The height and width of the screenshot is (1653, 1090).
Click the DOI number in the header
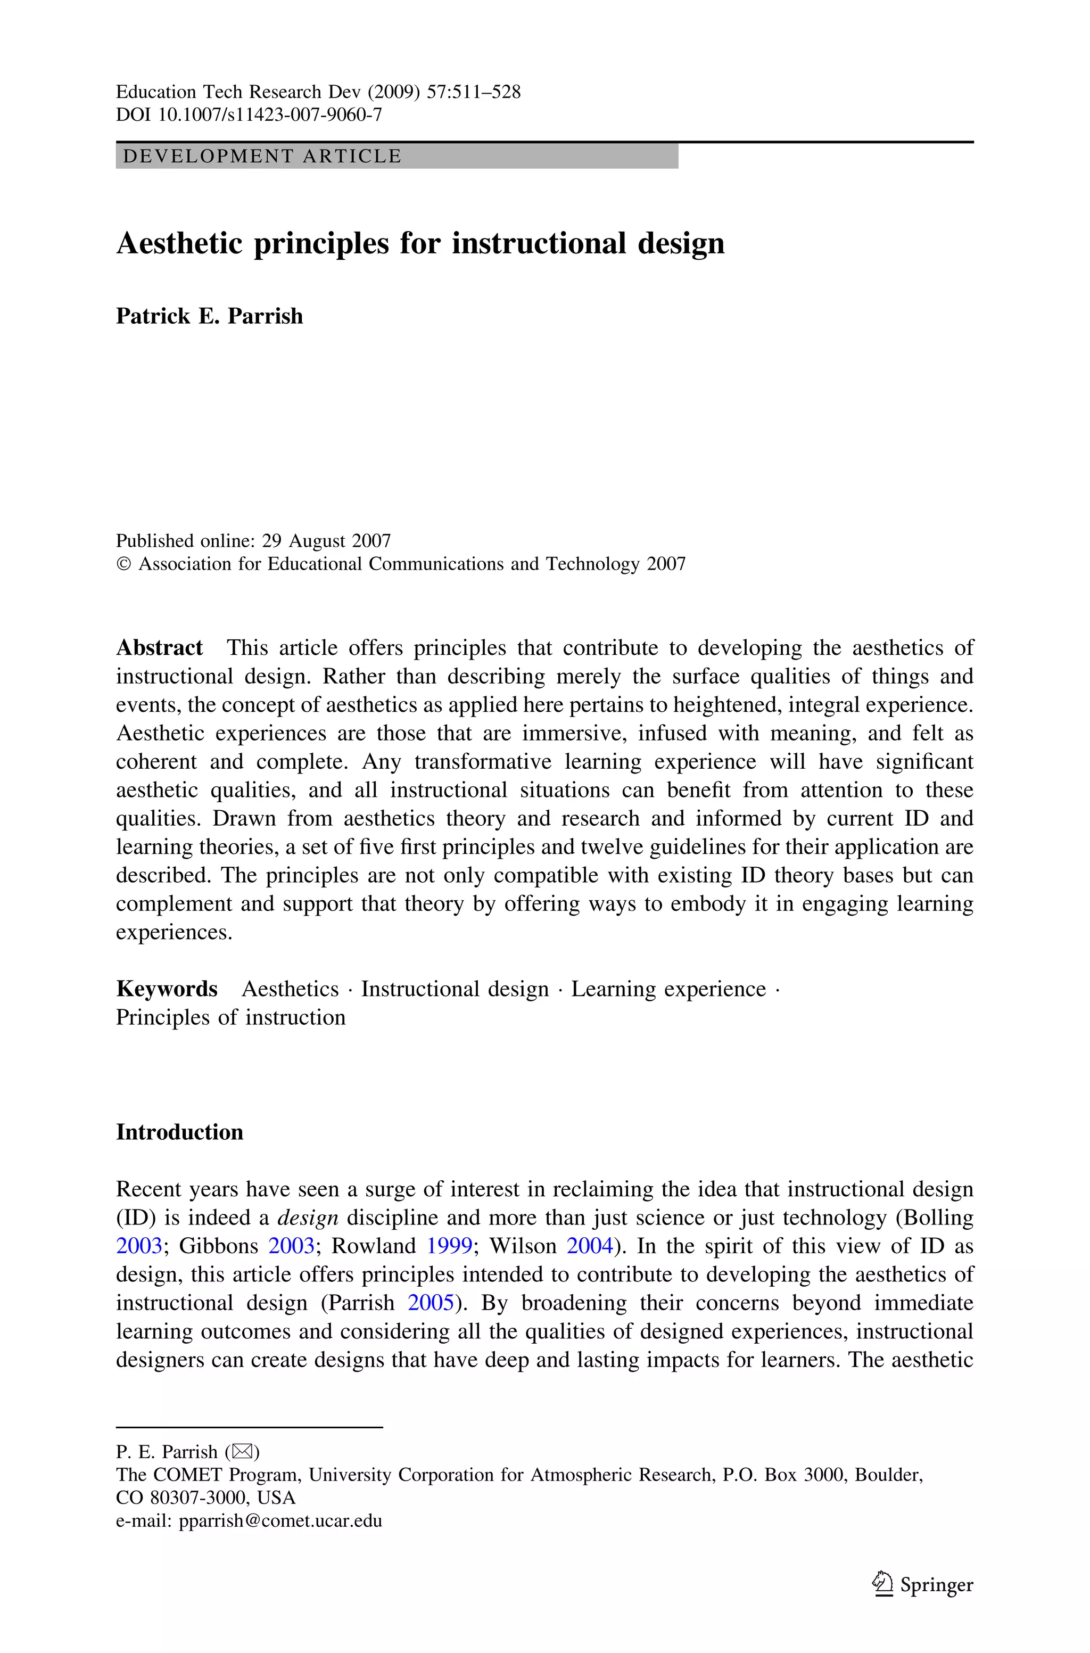click(270, 114)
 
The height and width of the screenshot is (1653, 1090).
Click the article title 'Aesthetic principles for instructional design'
click(420, 243)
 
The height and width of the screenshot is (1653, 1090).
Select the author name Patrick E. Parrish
click(209, 316)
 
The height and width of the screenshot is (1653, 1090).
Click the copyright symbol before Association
click(123, 564)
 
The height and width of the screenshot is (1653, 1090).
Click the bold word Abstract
click(159, 648)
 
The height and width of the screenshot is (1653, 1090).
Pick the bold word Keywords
click(166, 989)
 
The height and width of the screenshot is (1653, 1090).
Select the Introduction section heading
click(179, 1132)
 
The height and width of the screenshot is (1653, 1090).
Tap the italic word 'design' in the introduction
click(307, 1218)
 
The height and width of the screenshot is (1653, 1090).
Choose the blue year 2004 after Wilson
click(590, 1246)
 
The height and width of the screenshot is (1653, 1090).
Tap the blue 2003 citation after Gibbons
click(291, 1246)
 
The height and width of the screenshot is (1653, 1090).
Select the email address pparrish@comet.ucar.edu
click(280, 1521)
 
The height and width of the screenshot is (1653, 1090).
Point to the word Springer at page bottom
click(936, 1585)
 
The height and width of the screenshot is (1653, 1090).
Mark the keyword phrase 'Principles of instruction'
click(230, 1018)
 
